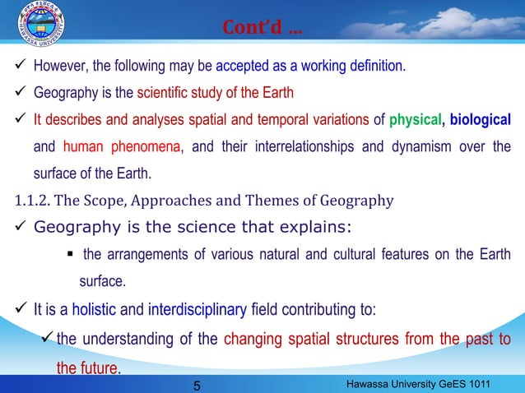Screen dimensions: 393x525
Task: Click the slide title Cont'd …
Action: tap(262, 30)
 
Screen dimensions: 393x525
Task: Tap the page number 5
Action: tap(197, 385)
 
